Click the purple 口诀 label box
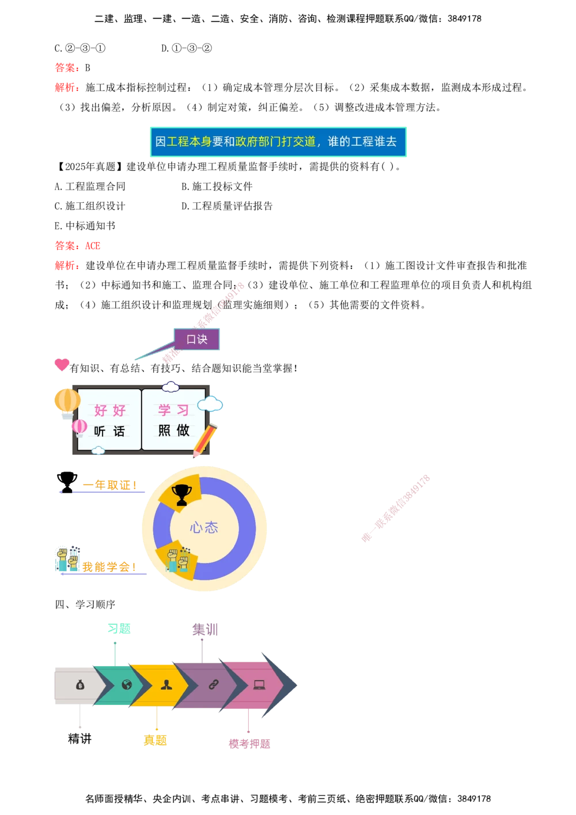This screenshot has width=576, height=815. point(196,339)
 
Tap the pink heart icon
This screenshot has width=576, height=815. point(62,364)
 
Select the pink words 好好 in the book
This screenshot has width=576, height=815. point(109,410)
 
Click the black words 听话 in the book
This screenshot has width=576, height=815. point(109,431)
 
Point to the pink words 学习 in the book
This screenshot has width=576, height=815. point(173,410)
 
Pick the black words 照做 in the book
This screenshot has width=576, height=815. point(173,431)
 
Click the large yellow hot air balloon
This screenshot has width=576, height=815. point(67,401)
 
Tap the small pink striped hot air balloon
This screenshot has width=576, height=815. point(79,428)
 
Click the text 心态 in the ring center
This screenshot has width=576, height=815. point(204,527)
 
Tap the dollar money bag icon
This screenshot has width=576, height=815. point(79,685)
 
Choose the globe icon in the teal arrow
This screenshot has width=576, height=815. point(127,685)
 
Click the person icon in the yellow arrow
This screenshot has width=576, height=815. point(166,685)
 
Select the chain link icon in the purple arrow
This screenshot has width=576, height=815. point(213,685)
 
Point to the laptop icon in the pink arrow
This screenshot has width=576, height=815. point(259,685)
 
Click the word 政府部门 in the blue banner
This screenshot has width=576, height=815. point(257,142)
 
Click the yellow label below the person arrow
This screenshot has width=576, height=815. point(156,740)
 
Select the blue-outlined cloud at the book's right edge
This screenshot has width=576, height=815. point(211,404)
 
